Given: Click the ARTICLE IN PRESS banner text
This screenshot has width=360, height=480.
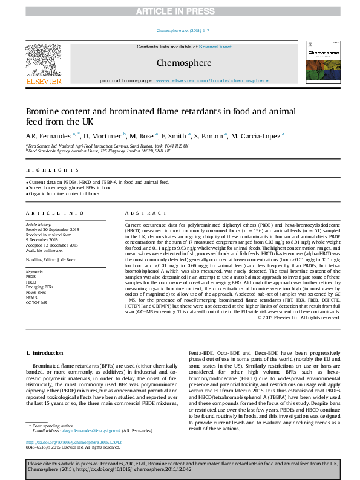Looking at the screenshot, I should (180, 11).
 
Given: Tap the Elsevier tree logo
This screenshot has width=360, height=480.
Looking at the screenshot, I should (43, 61).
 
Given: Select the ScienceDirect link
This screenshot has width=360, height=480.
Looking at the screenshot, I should (216, 47).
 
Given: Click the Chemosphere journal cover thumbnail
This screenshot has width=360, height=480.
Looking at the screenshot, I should (322, 62).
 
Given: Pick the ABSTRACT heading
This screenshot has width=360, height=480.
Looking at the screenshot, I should (142, 213).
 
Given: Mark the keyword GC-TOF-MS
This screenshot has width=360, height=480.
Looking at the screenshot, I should (36, 302).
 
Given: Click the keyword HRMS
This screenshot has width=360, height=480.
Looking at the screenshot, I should (31, 297).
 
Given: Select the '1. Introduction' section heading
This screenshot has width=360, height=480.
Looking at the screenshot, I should (47, 352).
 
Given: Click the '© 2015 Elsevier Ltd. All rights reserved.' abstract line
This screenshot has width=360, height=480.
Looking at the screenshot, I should (299, 317).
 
